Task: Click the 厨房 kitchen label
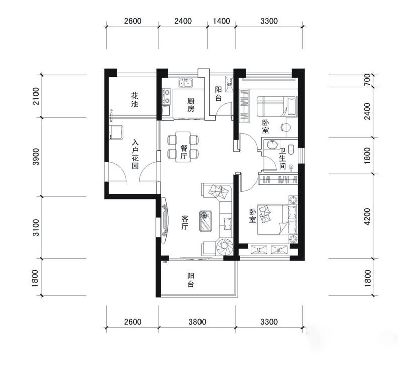click(191, 105)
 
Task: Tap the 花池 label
click(134, 100)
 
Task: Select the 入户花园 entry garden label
click(135, 154)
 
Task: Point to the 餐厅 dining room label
click(183, 152)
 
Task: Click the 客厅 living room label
click(185, 223)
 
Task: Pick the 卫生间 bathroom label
click(282, 159)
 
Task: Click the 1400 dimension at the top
click(221, 21)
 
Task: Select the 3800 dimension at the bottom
click(197, 322)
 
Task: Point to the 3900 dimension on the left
click(36, 157)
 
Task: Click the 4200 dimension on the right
click(367, 217)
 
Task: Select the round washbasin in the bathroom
click(272, 144)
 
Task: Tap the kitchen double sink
click(186, 83)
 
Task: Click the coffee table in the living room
click(206, 221)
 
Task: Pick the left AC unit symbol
click(259, 250)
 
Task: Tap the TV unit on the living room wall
click(165, 220)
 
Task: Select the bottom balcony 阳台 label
click(191, 280)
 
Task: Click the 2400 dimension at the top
click(183, 21)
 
